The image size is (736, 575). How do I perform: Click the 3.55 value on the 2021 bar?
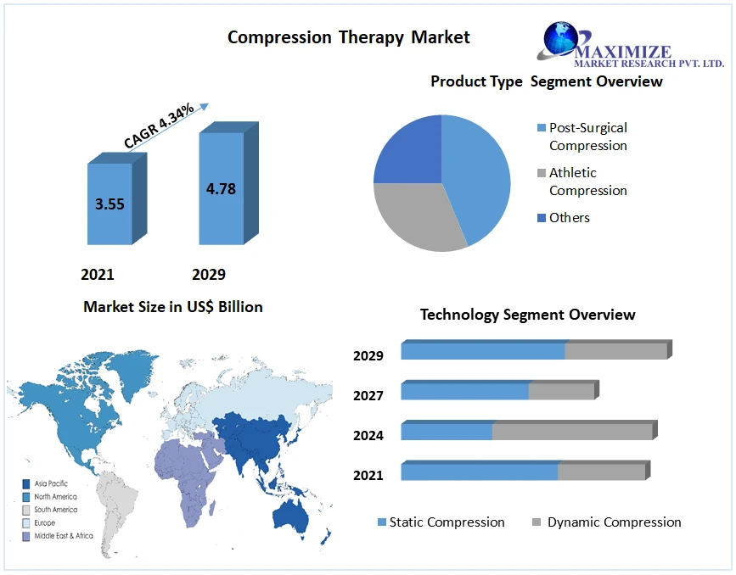110,204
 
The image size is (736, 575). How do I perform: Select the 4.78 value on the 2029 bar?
221,188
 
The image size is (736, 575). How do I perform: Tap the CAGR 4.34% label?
159,126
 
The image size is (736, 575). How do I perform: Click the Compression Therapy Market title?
348,37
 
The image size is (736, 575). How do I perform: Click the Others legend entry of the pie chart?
568,218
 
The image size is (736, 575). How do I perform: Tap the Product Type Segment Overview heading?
546,81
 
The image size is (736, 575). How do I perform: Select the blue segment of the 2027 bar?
464,392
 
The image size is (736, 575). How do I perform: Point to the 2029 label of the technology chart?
368,355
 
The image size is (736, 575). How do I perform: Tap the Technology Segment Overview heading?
527,315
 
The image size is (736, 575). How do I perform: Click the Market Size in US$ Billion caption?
173,307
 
